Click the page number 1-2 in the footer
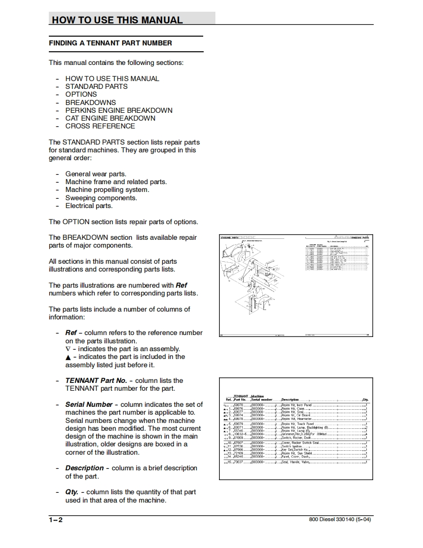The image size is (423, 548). click(56, 519)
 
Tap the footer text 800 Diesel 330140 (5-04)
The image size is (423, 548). click(340, 519)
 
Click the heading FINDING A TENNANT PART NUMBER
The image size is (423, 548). click(110, 43)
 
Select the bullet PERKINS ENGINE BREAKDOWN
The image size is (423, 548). click(119, 110)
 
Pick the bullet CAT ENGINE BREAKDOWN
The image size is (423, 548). click(110, 118)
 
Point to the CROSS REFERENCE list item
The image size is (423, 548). click(100, 126)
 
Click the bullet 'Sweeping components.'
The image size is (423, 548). click(101, 198)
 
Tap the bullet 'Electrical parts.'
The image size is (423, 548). click(89, 206)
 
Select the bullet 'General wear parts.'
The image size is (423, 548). click(96, 174)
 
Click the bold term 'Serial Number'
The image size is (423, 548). click(89, 404)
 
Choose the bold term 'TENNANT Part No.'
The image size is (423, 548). click(96, 380)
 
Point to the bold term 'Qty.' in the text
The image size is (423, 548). click(72, 492)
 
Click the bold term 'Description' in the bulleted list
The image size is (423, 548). click(85, 468)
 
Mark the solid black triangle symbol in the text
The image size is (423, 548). click(68, 357)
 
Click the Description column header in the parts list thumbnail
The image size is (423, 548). click(290, 400)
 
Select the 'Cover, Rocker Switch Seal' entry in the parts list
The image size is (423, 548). click(300, 443)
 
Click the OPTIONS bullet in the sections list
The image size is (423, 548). click(81, 94)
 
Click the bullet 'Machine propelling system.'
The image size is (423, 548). click(107, 190)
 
